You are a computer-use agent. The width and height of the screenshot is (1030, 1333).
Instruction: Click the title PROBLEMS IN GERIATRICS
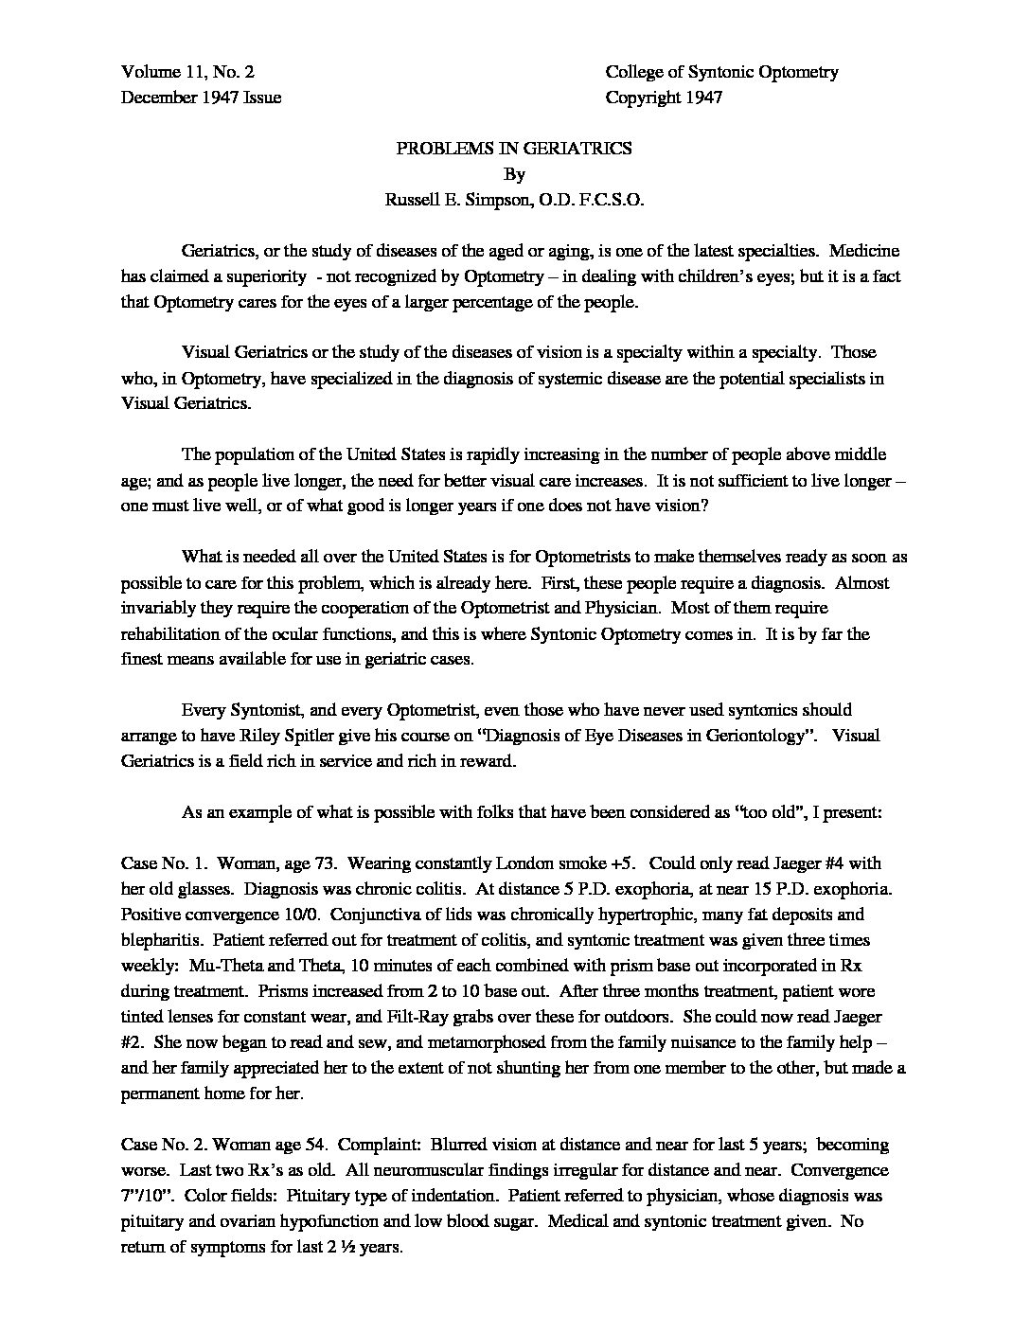pyautogui.click(x=514, y=149)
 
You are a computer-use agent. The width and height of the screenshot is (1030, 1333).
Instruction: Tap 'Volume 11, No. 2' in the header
pyautogui.click(x=187, y=72)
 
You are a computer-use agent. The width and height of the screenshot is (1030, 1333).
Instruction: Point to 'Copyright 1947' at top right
pyautogui.click(x=664, y=98)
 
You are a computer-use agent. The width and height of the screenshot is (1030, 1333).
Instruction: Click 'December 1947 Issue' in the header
pyautogui.click(x=202, y=98)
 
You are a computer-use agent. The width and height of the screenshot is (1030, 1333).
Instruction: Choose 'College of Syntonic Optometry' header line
pyautogui.click(x=721, y=72)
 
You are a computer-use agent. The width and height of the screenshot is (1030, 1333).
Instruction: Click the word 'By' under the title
pyautogui.click(x=514, y=174)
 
